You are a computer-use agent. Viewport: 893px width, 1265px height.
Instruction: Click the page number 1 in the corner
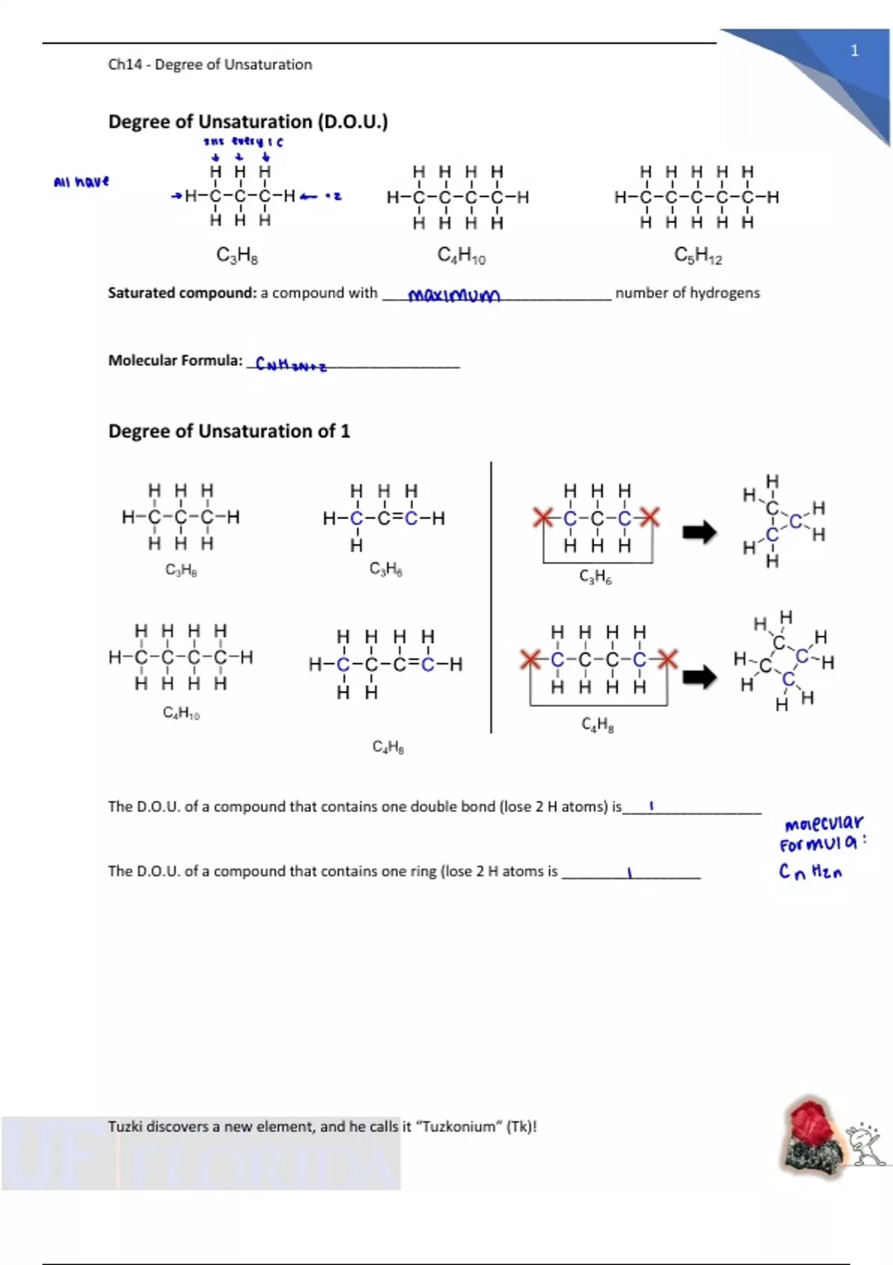(x=854, y=51)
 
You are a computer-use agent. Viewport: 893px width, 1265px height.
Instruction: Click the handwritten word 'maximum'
(x=454, y=295)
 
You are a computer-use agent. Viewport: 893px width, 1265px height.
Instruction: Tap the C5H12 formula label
(x=697, y=255)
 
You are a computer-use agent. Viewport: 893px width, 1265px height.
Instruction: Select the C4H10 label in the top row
(x=461, y=256)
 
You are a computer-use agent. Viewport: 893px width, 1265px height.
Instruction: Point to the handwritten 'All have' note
(x=81, y=182)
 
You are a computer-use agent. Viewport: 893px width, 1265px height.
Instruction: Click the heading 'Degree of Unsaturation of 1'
(x=228, y=432)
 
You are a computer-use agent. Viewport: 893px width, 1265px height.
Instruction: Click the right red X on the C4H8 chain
(x=668, y=659)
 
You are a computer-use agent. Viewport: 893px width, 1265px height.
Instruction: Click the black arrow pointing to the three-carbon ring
(x=700, y=532)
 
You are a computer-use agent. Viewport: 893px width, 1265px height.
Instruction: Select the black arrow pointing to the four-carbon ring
(x=700, y=676)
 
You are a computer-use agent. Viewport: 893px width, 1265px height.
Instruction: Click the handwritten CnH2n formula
(x=810, y=871)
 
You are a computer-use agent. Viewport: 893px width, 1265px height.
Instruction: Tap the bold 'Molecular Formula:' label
(x=175, y=361)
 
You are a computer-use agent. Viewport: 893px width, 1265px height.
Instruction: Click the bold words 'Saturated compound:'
(x=182, y=293)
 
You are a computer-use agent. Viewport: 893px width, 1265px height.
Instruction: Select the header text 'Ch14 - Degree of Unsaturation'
(x=210, y=65)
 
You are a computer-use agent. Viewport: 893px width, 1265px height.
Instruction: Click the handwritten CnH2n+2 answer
(x=290, y=365)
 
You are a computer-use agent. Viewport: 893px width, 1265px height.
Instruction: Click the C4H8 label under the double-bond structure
(x=388, y=746)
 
